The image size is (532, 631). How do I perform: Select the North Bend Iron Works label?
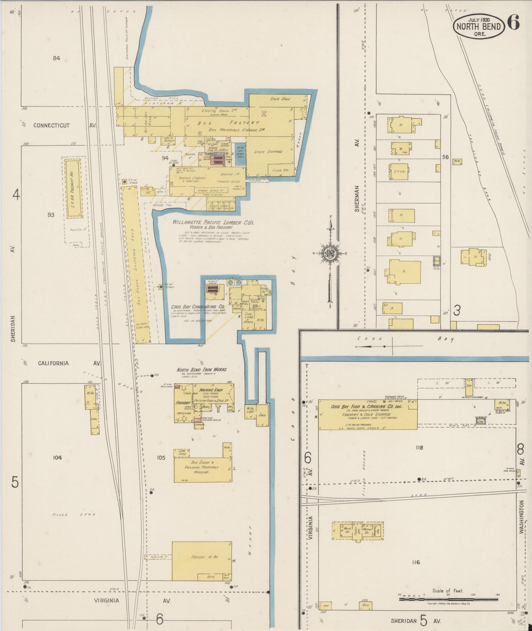click(202, 369)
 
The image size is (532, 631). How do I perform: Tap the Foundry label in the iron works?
click(183, 403)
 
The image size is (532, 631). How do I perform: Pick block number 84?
click(56, 58)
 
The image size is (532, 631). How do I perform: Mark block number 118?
click(419, 448)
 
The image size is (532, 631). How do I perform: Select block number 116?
click(416, 562)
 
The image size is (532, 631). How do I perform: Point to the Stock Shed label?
click(280, 99)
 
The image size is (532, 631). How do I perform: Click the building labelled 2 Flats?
click(399, 172)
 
